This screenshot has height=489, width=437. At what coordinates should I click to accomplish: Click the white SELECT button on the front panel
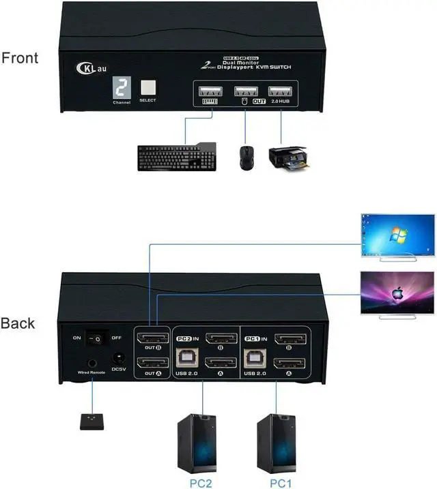pyautogui.click(x=147, y=87)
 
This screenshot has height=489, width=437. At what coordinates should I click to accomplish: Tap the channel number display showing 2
pyautogui.click(x=121, y=88)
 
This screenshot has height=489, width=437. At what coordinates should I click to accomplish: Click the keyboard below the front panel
pyautogui.click(x=176, y=157)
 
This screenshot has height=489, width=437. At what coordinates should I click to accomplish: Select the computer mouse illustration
pyautogui.click(x=245, y=157)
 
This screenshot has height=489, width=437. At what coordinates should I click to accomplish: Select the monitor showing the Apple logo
pyautogui.click(x=398, y=293)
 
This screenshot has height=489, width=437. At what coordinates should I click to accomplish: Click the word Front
pyautogui.click(x=20, y=58)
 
